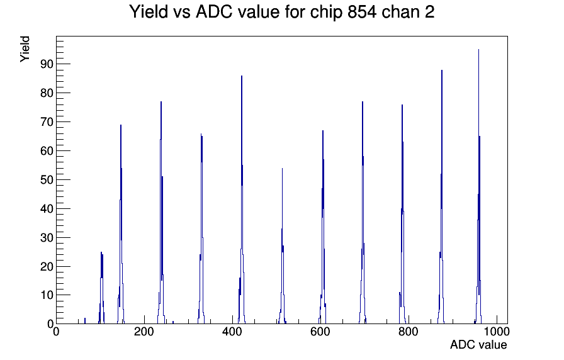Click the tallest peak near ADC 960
tap(479, 187)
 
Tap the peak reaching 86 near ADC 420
tap(242, 201)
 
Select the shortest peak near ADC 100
tap(102, 288)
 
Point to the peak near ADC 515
tap(283, 248)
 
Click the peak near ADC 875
tap(442, 198)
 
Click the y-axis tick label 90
tap(47, 64)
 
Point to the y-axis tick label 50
tap(47, 180)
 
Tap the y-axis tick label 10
tap(47, 295)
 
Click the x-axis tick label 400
tap(232, 332)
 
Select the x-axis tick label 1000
tap(496, 332)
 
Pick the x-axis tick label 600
tap(320, 332)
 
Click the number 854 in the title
tap(362, 12)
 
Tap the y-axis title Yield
tap(25, 49)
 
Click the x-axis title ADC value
tap(478, 345)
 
